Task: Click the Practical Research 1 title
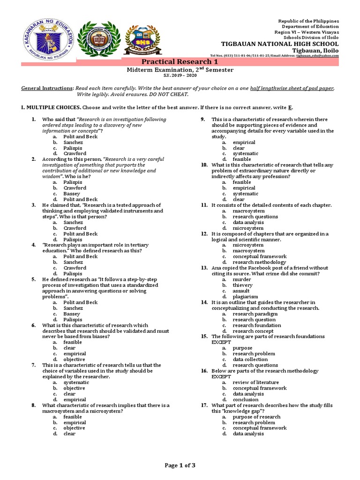click(180, 62)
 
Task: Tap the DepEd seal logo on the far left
click(47, 41)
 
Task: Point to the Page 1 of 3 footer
click(180, 465)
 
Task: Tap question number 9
click(203, 120)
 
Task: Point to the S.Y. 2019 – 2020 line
click(180, 75)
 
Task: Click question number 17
click(204, 405)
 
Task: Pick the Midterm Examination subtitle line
click(180, 70)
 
